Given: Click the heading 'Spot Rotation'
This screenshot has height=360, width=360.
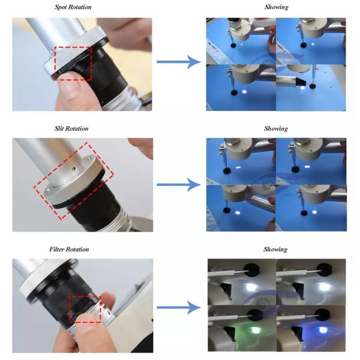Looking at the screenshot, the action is (73, 7).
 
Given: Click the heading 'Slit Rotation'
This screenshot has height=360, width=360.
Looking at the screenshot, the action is (71, 128).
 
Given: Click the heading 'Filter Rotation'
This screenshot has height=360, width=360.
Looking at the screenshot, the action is (69, 250).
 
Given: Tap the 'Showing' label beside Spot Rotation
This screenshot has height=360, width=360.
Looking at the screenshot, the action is (277, 7).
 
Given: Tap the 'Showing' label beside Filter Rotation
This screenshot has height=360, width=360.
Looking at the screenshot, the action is (275, 250).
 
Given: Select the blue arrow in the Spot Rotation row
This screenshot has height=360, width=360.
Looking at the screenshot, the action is (179, 62).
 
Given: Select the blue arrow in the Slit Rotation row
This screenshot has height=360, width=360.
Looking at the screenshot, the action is (179, 185).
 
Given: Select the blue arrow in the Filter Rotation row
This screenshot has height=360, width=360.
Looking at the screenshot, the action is (179, 307).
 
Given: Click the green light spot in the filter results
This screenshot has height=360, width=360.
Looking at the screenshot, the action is (254, 330).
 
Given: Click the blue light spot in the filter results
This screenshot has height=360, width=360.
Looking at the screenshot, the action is (323, 330).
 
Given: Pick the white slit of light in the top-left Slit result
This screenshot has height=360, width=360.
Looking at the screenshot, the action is (238, 167).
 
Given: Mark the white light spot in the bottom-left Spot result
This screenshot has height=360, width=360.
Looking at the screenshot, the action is (244, 92).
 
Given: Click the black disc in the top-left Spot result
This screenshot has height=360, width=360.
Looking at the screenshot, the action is (233, 45).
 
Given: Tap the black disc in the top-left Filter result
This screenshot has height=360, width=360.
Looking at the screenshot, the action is (251, 269).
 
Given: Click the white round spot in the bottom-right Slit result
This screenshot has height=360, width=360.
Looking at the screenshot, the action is (314, 212).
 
